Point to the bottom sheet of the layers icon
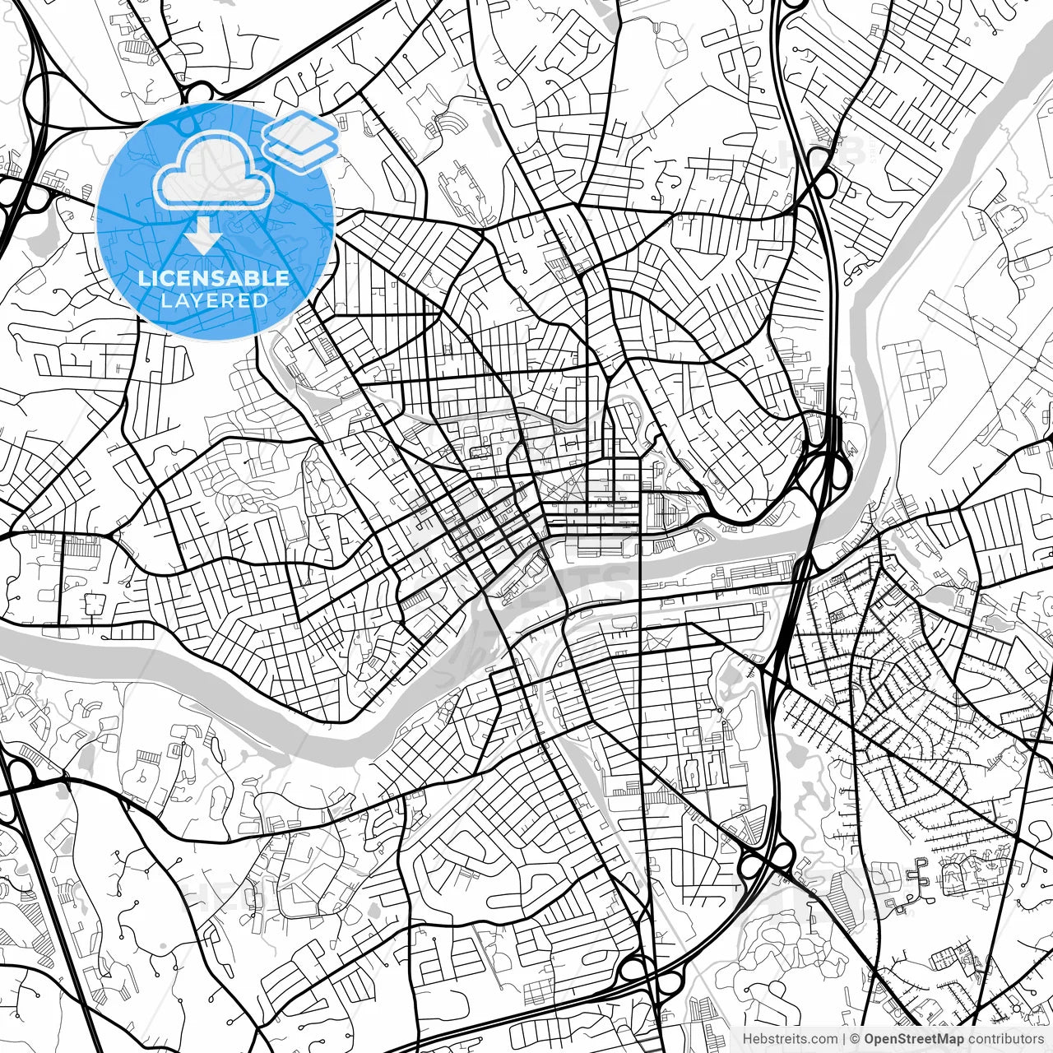(x=301, y=152)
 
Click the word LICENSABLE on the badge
(x=214, y=278)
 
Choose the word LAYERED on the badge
(x=214, y=301)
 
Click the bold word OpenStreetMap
(x=913, y=1039)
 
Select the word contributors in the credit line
(x=1005, y=1039)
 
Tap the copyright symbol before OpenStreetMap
(x=856, y=1039)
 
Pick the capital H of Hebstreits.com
(x=747, y=1039)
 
